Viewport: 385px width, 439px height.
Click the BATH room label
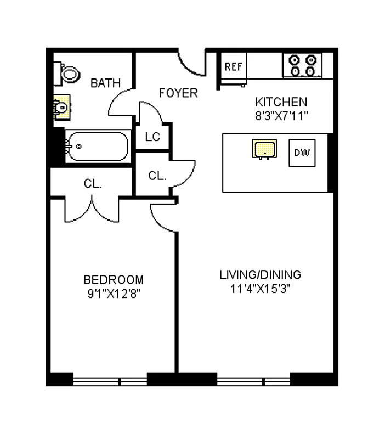pos(105,83)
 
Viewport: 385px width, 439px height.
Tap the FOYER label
pos(178,93)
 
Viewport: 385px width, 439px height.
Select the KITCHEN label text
pos(281,102)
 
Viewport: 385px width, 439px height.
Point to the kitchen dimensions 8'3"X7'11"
pos(281,115)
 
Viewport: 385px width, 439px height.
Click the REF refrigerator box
pos(234,67)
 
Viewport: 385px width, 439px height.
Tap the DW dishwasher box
pos(301,153)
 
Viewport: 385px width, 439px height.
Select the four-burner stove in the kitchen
pos(302,65)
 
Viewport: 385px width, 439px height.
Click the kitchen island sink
pos(264,149)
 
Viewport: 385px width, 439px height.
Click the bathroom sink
pos(62,108)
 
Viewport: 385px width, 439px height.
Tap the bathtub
pos(97,146)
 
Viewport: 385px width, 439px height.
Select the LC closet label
pos(152,137)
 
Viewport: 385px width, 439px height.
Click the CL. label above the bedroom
pos(93,184)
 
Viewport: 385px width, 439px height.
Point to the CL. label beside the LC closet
pos(157,176)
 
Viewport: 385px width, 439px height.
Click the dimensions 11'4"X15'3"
pos(261,289)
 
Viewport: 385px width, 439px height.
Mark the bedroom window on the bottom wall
pos(110,380)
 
